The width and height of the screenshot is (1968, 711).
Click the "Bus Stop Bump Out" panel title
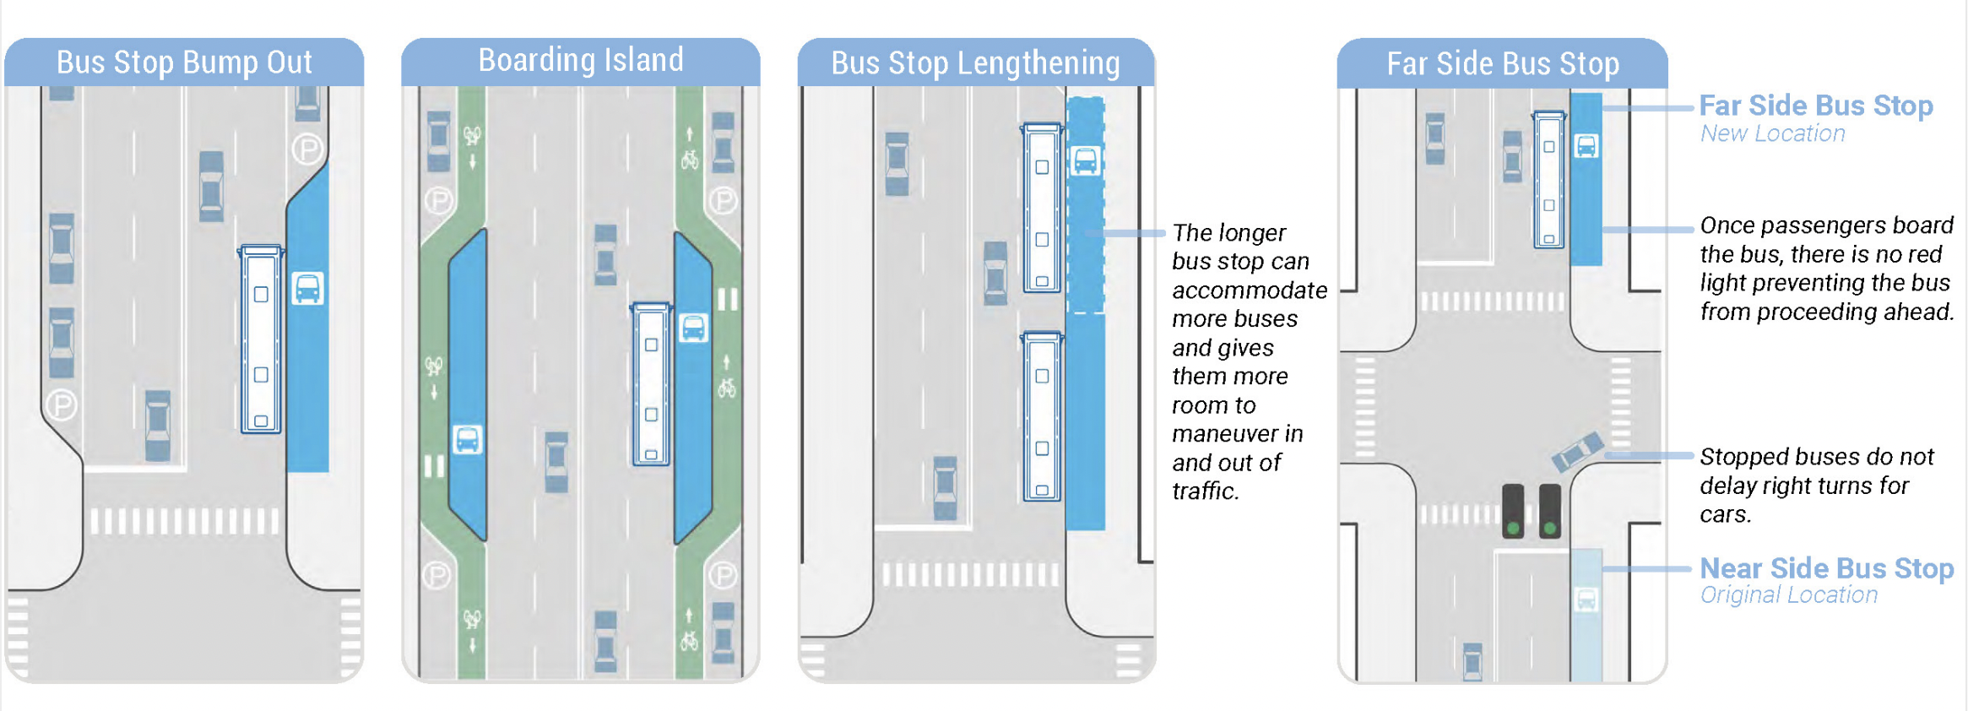pos(184,62)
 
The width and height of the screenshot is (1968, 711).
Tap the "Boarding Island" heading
pos(581,60)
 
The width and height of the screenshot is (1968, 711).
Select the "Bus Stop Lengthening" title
pos(975,63)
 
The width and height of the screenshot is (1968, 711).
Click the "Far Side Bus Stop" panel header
pos(1503,63)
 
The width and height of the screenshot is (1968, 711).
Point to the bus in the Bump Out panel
pos(261,339)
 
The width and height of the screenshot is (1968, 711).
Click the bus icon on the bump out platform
pos(307,289)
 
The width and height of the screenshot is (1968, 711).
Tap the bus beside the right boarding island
pos(651,384)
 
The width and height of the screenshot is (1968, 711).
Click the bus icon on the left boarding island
pos(467,439)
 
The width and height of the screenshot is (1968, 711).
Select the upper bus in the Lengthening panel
pos(1042,208)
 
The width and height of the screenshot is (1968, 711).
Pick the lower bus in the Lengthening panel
pos(1042,416)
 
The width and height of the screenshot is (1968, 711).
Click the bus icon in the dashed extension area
pos(1085,160)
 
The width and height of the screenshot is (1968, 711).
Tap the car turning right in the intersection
pos(1577,452)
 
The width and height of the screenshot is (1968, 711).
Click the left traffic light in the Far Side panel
pos(1513,511)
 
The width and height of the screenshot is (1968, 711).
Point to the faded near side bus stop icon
pos(1586,600)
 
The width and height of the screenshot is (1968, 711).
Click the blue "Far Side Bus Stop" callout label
pos(1816,106)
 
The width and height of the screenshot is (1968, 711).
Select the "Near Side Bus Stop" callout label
pos(1827,568)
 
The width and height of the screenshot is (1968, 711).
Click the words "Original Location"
pos(1789,594)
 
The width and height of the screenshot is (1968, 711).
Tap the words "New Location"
pos(1772,133)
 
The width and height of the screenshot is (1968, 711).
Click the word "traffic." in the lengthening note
pos(1205,491)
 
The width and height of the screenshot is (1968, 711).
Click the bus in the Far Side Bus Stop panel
pos(1549,179)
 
